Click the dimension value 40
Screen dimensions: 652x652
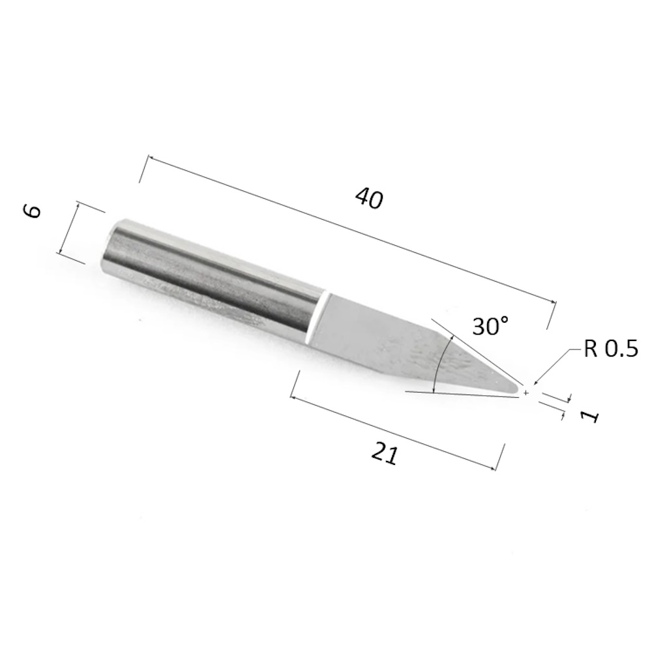369,198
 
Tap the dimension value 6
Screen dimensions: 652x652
32,211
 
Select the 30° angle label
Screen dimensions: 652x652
491,325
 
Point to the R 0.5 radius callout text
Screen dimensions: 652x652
610,348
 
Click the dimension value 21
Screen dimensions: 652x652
384,454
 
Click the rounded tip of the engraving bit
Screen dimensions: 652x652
516,389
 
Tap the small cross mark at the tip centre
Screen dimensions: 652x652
526,393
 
